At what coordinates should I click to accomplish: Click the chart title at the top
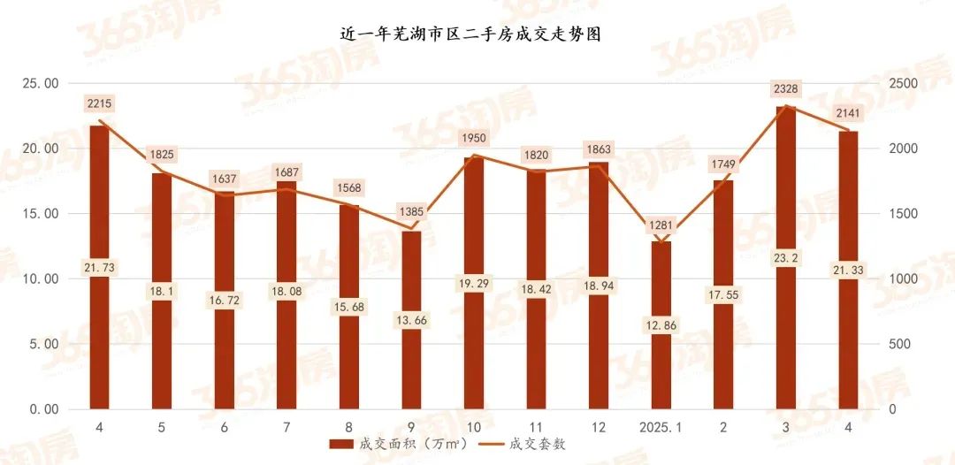[x=477, y=34]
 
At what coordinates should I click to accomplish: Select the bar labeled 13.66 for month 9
[x=411, y=354]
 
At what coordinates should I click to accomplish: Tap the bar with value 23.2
[x=786, y=177]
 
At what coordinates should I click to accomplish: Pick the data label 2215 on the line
[x=99, y=103]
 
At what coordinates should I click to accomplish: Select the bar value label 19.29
[x=474, y=285]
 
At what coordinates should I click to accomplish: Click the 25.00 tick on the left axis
[x=40, y=83]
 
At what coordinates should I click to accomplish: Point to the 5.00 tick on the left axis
[x=40, y=344]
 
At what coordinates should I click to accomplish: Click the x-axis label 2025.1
[x=661, y=427]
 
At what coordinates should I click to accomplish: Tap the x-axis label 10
[x=474, y=427]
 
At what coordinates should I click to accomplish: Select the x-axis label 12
[x=599, y=427]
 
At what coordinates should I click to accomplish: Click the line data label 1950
[x=474, y=139]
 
